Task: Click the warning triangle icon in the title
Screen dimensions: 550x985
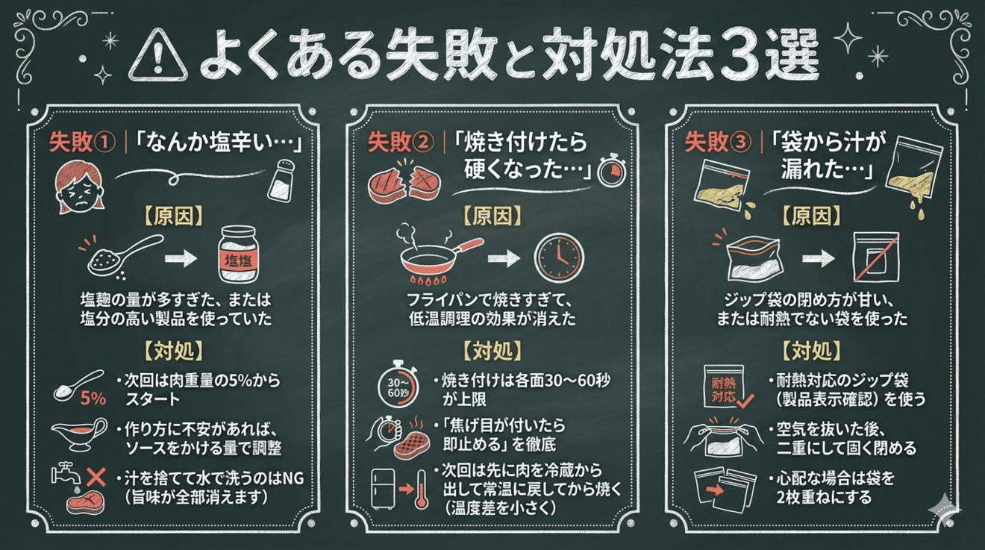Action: [x=159, y=56]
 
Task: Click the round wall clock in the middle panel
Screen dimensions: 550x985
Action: [x=557, y=257]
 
